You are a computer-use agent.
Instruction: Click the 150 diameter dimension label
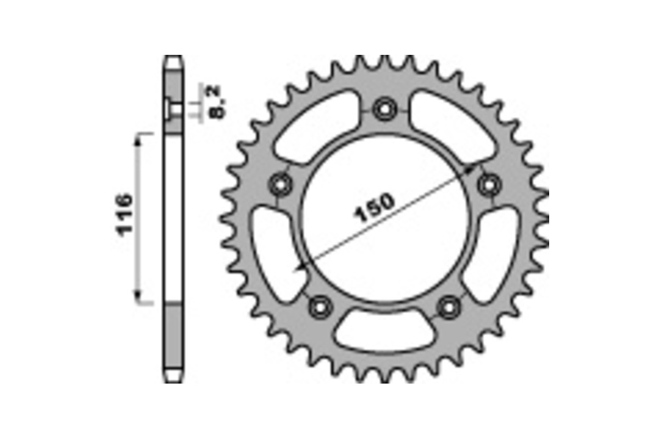375,207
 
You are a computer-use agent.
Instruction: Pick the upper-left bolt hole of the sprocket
281,184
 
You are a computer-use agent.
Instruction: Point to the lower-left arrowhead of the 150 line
299,267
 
